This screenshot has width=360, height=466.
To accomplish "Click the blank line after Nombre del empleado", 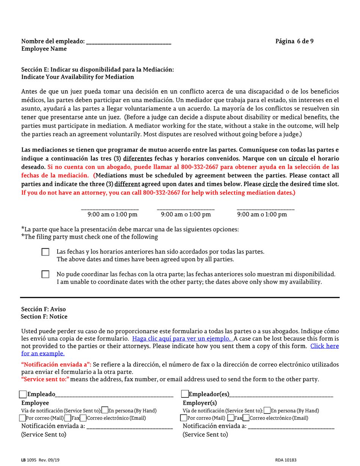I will click(x=129, y=42).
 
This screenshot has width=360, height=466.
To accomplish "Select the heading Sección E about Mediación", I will click(x=98, y=70).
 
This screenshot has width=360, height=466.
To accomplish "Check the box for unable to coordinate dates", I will click(x=45, y=274).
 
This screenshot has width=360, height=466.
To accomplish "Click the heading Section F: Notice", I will click(x=45, y=316).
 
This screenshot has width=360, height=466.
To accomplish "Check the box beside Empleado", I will click(x=23, y=395).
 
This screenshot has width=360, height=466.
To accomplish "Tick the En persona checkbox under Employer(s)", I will click(x=268, y=411).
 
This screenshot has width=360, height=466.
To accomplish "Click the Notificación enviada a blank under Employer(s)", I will click(x=291, y=427).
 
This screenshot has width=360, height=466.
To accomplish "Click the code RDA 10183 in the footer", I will click(x=286, y=460).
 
